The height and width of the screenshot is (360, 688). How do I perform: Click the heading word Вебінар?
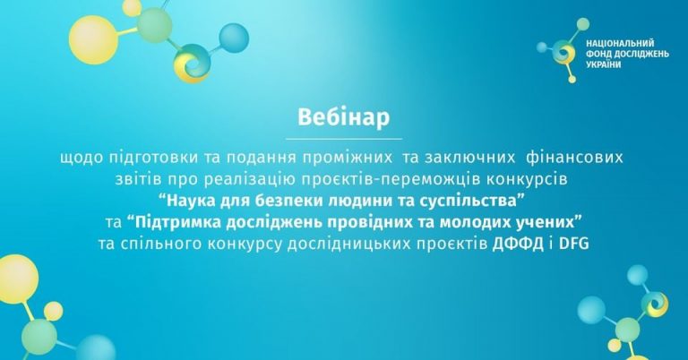pyautogui.click(x=344, y=117)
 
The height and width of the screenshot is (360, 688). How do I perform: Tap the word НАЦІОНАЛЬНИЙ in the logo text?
pyautogui.click(x=620, y=43)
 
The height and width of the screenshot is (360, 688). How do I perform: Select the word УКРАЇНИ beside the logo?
pyautogui.click(x=604, y=64)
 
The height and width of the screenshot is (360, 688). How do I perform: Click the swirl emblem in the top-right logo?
pyautogui.click(x=563, y=53)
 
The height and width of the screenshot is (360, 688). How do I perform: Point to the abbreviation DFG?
pyautogui.click(x=573, y=244)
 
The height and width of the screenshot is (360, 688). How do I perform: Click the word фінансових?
pyautogui.click(x=574, y=158)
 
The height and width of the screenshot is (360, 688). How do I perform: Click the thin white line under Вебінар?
pyautogui.click(x=344, y=139)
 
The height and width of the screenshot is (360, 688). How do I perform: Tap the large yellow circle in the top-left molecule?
pyautogui.click(x=93, y=40)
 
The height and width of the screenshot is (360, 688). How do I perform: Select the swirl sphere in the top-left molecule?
pyautogui.click(x=193, y=64)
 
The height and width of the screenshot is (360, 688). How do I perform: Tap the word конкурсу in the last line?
pyautogui.click(x=244, y=244)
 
